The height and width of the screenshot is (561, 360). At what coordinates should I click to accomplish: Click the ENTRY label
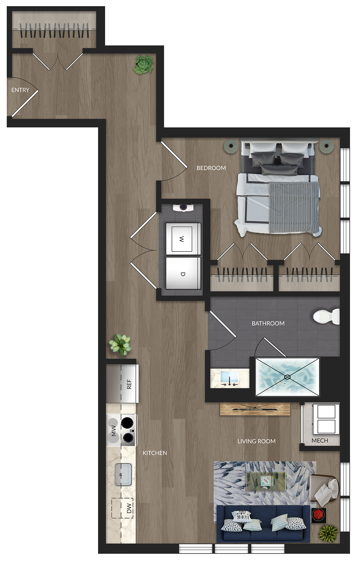click(20, 90)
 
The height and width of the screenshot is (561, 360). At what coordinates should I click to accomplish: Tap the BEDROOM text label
click(211, 168)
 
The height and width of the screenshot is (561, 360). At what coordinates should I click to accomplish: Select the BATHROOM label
click(268, 323)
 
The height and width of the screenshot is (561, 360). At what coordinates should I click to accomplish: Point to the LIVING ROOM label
click(256, 441)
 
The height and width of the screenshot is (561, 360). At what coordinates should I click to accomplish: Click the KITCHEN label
click(155, 453)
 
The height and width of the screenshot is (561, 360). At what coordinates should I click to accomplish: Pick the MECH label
click(320, 441)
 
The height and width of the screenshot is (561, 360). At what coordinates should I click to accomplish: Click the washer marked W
click(183, 239)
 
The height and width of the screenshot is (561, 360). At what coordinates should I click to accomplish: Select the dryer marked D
click(183, 273)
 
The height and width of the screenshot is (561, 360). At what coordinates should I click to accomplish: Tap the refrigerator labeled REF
click(122, 383)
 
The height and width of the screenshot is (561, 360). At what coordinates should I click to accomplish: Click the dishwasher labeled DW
click(123, 508)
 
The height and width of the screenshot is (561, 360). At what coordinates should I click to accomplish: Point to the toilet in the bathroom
click(326, 316)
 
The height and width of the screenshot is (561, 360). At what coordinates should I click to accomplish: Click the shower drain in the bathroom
click(287, 377)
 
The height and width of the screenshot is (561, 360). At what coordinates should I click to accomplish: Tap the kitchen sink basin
click(123, 475)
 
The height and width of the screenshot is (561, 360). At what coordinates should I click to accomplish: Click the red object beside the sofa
click(319, 515)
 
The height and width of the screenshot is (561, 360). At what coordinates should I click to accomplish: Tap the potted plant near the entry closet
click(143, 64)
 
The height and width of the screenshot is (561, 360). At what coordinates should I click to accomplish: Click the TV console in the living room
click(255, 409)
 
